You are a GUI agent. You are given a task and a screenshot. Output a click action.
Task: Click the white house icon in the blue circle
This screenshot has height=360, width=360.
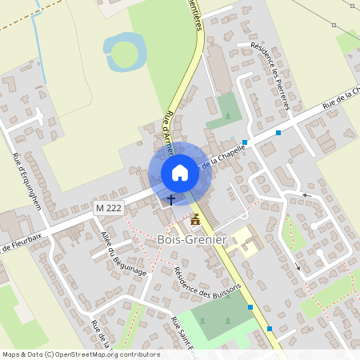[179, 173]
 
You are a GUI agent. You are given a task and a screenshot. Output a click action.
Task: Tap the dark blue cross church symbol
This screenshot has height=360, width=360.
[170, 198]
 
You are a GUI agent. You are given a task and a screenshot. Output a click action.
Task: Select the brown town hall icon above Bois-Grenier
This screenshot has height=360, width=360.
[195, 219]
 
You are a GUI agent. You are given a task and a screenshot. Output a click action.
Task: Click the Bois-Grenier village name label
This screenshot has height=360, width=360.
[192, 239]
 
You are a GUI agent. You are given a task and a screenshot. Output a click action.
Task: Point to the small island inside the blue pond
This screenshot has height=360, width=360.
[124, 53]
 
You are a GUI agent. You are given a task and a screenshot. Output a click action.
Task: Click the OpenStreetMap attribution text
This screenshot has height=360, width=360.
[80, 354]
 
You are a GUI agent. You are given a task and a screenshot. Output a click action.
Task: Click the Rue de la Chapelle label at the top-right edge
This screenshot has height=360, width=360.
[340, 101]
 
